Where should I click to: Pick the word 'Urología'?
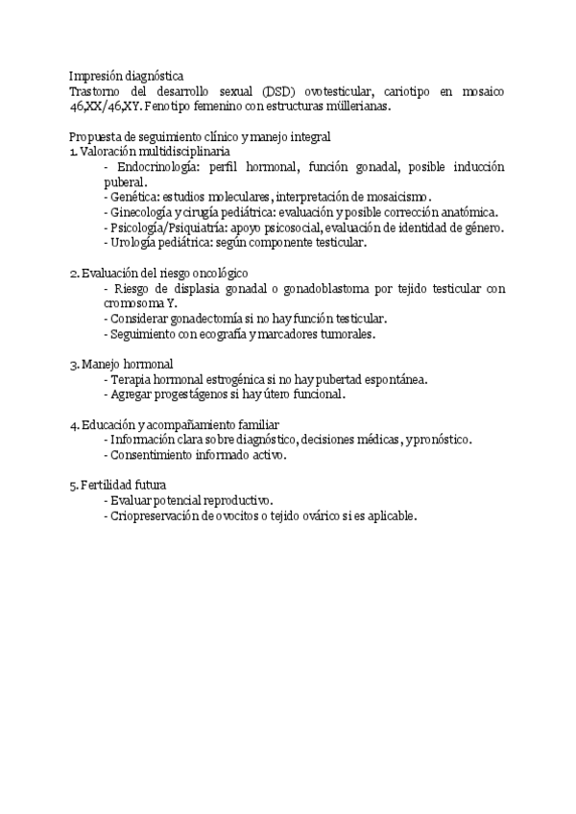click(x=133, y=244)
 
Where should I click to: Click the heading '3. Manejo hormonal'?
click(x=121, y=365)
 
